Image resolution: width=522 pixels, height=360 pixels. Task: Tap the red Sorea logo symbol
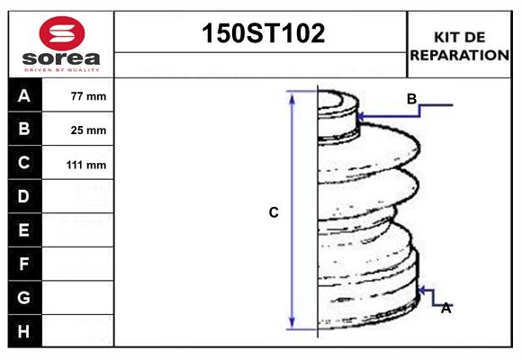coord(59,34)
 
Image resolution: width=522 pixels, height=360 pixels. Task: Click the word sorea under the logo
coord(59,59)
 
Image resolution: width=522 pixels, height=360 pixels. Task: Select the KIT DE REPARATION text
coord(459,46)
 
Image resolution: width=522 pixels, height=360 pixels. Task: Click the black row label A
coord(24,95)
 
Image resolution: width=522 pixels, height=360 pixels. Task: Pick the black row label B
coord(24,129)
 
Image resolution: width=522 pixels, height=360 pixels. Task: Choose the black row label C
coord(24,163)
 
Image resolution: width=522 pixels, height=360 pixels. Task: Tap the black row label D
coord(24,196)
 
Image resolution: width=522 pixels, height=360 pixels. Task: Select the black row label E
coord(24,230)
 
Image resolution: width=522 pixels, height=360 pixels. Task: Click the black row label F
coord(24,264)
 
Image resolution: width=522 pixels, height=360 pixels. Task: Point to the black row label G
coord(24,297)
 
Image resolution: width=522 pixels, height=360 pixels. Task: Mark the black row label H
coord(24,331)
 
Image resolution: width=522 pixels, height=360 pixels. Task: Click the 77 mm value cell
coord(87,96)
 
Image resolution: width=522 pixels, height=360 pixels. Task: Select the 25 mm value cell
coord(87,130)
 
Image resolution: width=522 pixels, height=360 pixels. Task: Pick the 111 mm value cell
coord(87,165)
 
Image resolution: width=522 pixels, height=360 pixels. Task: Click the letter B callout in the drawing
coord(411,99)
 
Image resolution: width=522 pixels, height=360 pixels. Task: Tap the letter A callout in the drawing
coord(445,308)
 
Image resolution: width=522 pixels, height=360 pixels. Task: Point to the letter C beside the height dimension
coord(274,212)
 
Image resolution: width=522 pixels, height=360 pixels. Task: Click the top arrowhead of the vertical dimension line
coord(292,95)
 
